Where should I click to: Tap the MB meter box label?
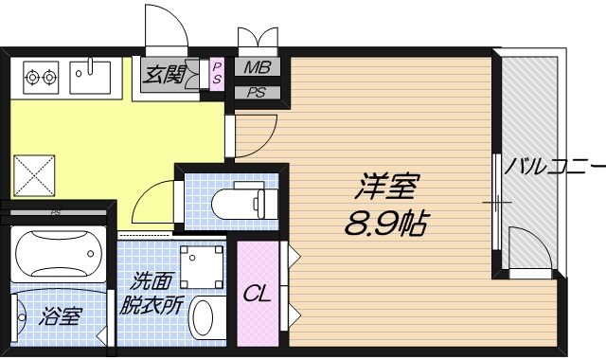257,68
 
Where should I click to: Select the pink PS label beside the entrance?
217,73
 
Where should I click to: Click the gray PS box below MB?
257,93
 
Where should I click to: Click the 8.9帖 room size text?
386,224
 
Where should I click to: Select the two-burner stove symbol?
40,73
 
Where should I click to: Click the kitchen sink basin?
91,76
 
